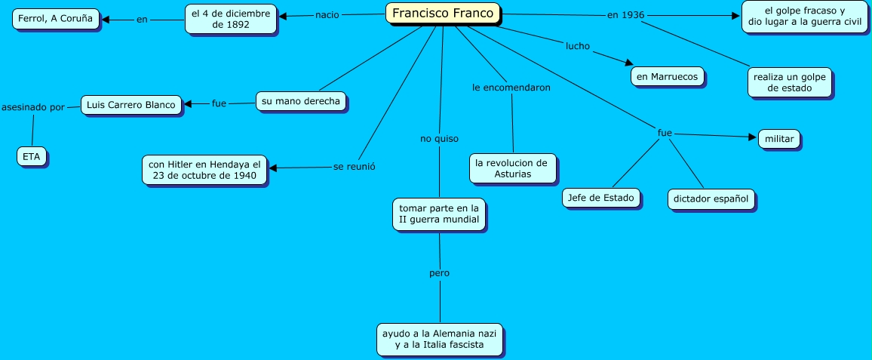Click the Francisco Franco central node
[443, 14]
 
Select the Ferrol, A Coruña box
[57, 19]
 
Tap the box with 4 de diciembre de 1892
[231, 19]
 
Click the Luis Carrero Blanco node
[131, 104]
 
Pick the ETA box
[32, 156]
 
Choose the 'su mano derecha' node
[301, 100]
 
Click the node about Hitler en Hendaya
[204, 170]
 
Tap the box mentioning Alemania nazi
[441, 339]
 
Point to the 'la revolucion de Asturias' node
[513, 168]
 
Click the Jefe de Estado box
[602, 198]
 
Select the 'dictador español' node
[711, 199]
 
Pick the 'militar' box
[778, 139]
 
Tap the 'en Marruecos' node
[668, 76]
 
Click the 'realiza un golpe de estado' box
[790, 82]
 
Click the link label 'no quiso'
[439, 139]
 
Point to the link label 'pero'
[439, 273]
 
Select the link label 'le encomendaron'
[511, 88]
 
